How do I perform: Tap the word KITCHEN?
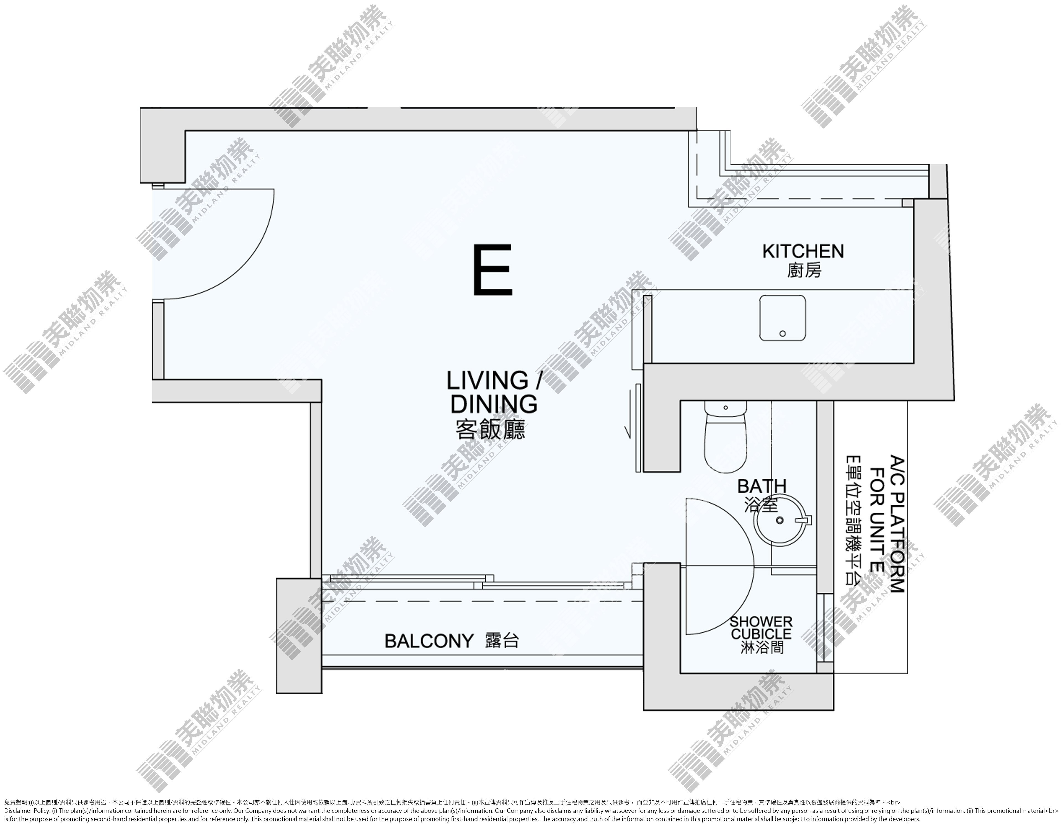803,251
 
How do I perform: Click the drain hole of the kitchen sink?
783,333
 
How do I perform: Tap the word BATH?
762,486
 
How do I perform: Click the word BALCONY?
429,641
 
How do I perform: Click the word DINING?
494,403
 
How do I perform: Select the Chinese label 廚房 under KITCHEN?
804,271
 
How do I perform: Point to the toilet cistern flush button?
726,407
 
